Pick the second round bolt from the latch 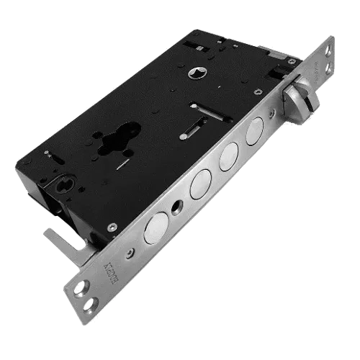[228, 155]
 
